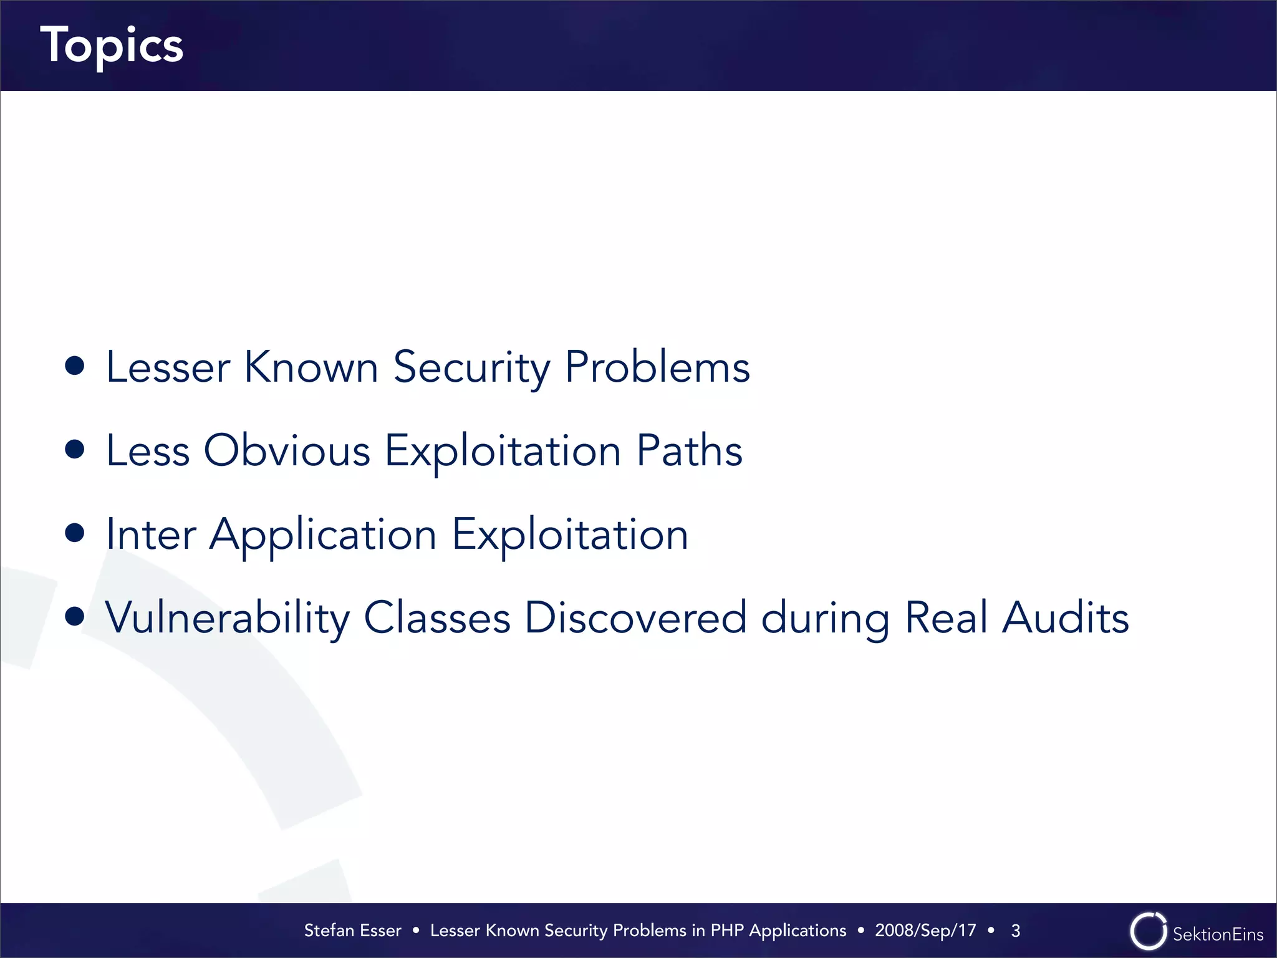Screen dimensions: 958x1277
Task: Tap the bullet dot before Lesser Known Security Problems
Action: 75,366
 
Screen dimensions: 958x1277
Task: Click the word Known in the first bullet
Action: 311,367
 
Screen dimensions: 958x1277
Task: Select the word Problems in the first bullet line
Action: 657,367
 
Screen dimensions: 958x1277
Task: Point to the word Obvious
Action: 287,451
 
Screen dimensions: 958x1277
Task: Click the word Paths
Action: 689,451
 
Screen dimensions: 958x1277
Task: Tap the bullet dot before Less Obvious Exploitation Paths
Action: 75,450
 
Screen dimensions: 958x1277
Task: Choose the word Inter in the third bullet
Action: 151,535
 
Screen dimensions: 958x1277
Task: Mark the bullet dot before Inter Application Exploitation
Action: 75,533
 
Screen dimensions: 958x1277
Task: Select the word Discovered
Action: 635,617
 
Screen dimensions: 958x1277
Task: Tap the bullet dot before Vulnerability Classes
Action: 75,617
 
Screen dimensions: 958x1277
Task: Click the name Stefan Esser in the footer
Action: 352,931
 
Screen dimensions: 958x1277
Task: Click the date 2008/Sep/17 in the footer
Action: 925,931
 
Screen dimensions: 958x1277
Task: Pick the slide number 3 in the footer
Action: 1016,931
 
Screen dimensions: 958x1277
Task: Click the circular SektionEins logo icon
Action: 1148,931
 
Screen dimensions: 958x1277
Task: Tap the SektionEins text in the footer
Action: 1218,934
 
